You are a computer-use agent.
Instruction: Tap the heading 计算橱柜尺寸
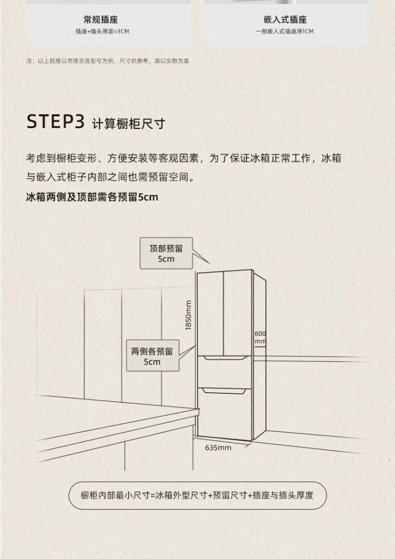coord(129,124)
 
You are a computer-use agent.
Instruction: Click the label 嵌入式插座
coord(285,20)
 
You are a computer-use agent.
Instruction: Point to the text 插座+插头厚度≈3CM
coord(102,32)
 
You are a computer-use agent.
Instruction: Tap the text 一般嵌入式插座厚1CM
coord(284,32)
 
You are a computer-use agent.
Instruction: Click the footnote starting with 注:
coord(108,61)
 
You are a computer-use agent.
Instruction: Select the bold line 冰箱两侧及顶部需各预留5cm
coord(92,197)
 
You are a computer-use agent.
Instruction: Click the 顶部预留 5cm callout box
coord(165,253)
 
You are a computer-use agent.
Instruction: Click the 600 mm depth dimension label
coord(260,338)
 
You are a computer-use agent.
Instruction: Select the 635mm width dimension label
coord(218,448)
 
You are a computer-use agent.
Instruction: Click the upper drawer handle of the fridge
coord(224,358)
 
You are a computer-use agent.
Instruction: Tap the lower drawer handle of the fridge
coord(224,390)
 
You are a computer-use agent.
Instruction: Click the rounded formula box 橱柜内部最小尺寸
coord(197,495)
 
